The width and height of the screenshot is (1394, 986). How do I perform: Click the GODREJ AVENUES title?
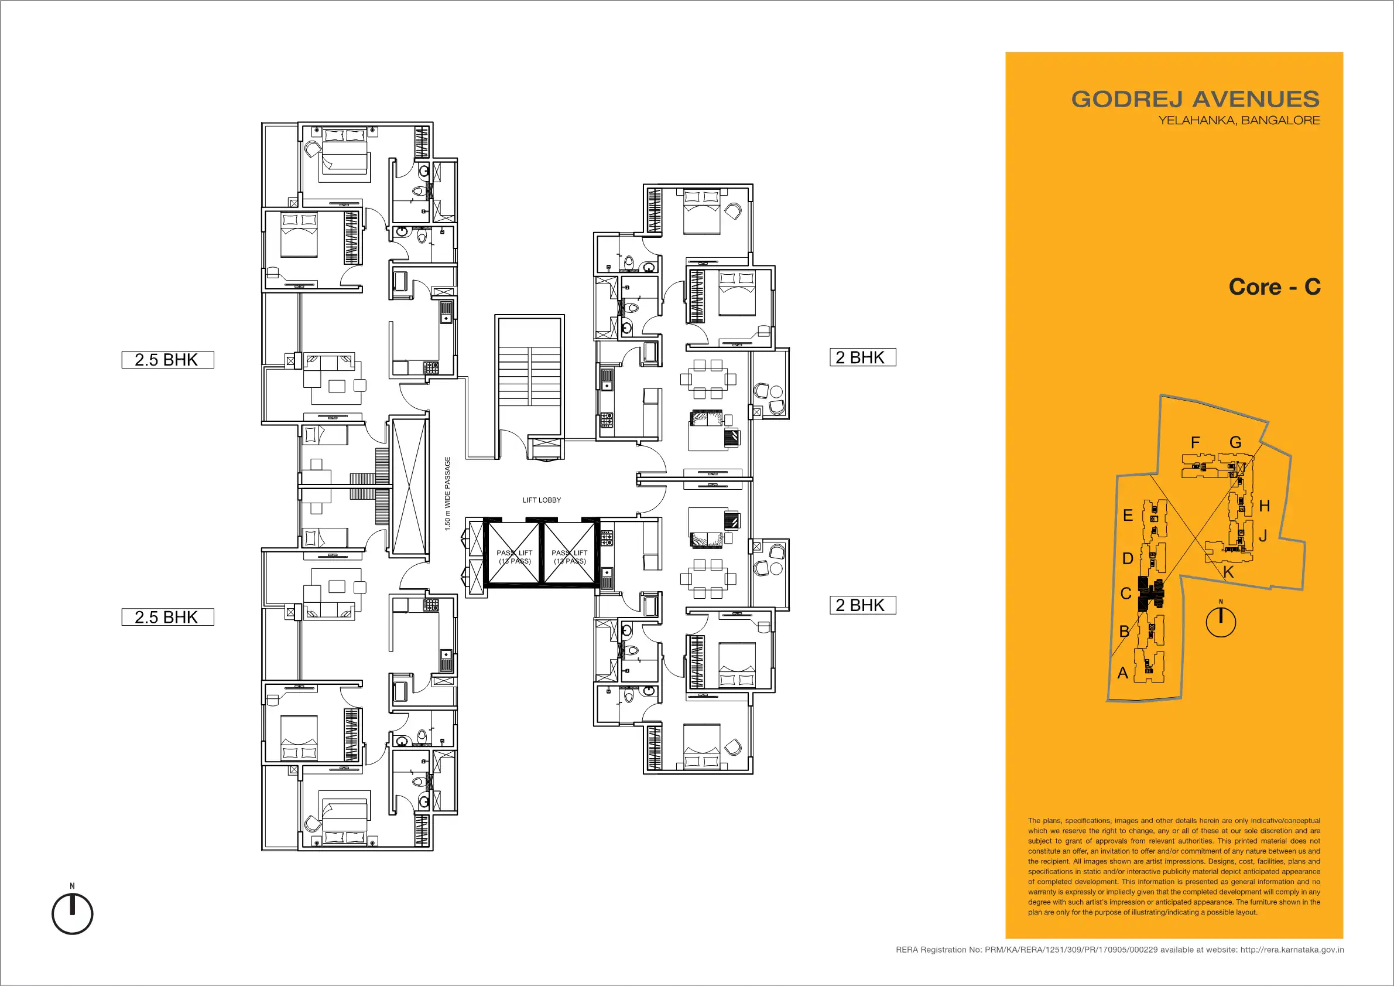coord(1195,99)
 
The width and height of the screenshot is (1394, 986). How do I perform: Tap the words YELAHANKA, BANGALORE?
coord(1239,120)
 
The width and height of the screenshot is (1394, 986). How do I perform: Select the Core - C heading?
coord(1275,286)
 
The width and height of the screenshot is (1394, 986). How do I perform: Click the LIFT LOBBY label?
coord(542,500)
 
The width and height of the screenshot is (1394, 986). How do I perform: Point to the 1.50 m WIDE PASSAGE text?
coord(447,493)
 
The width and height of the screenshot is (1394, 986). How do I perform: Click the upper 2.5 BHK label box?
coord(167,360)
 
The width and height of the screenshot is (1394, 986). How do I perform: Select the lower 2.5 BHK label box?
coord(167,617)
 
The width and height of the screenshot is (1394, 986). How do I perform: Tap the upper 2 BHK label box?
coord(863,357)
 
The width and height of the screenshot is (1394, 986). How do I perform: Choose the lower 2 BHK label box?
coord(863,605)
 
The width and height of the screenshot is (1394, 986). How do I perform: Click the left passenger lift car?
coord(514,553)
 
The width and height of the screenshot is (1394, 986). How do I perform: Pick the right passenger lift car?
coord(570,553)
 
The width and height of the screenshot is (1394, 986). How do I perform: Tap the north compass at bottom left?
coord(72,913)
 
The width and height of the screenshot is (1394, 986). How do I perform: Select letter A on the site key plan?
coord(1122,673)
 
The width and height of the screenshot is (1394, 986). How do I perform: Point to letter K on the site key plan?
coord(1228,572)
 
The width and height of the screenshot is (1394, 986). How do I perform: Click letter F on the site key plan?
coord(1196,442)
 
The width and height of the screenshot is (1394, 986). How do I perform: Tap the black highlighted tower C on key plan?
coord(1150,593)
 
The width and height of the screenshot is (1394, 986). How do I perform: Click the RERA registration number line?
coord(1119,950)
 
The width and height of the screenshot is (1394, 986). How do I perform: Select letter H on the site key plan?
coord(1265,506)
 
